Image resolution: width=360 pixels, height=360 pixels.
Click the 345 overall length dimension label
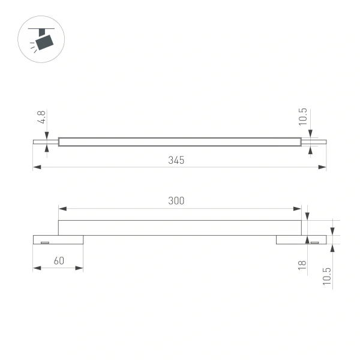click(x=176, y=160)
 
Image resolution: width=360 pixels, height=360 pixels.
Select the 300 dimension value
click(x=176, y=201)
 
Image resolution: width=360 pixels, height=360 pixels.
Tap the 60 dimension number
click(x=58, y=261)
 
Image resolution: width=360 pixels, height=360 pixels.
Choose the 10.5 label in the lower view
click(x=326, y=277)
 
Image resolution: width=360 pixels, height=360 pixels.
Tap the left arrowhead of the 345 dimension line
click(x=37, y=167)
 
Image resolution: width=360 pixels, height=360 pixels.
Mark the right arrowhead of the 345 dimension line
click(x=322, y=167)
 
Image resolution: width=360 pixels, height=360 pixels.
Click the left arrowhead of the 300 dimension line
click(x=62, y=209)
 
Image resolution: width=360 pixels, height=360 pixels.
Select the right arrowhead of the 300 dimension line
click(x=298, y=209)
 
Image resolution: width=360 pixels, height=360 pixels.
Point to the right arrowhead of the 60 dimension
click(x=79, y=268)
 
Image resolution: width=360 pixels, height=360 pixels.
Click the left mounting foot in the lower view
click(x=58, y=240)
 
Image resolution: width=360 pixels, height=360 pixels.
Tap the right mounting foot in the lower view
click(x=301, y=240)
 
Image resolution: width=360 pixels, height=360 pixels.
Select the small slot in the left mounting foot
click(x=44, y=242)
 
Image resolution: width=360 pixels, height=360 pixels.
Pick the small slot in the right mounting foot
click(x=314, y=242)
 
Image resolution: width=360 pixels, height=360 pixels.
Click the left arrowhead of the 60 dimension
click(x=37, y=268)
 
